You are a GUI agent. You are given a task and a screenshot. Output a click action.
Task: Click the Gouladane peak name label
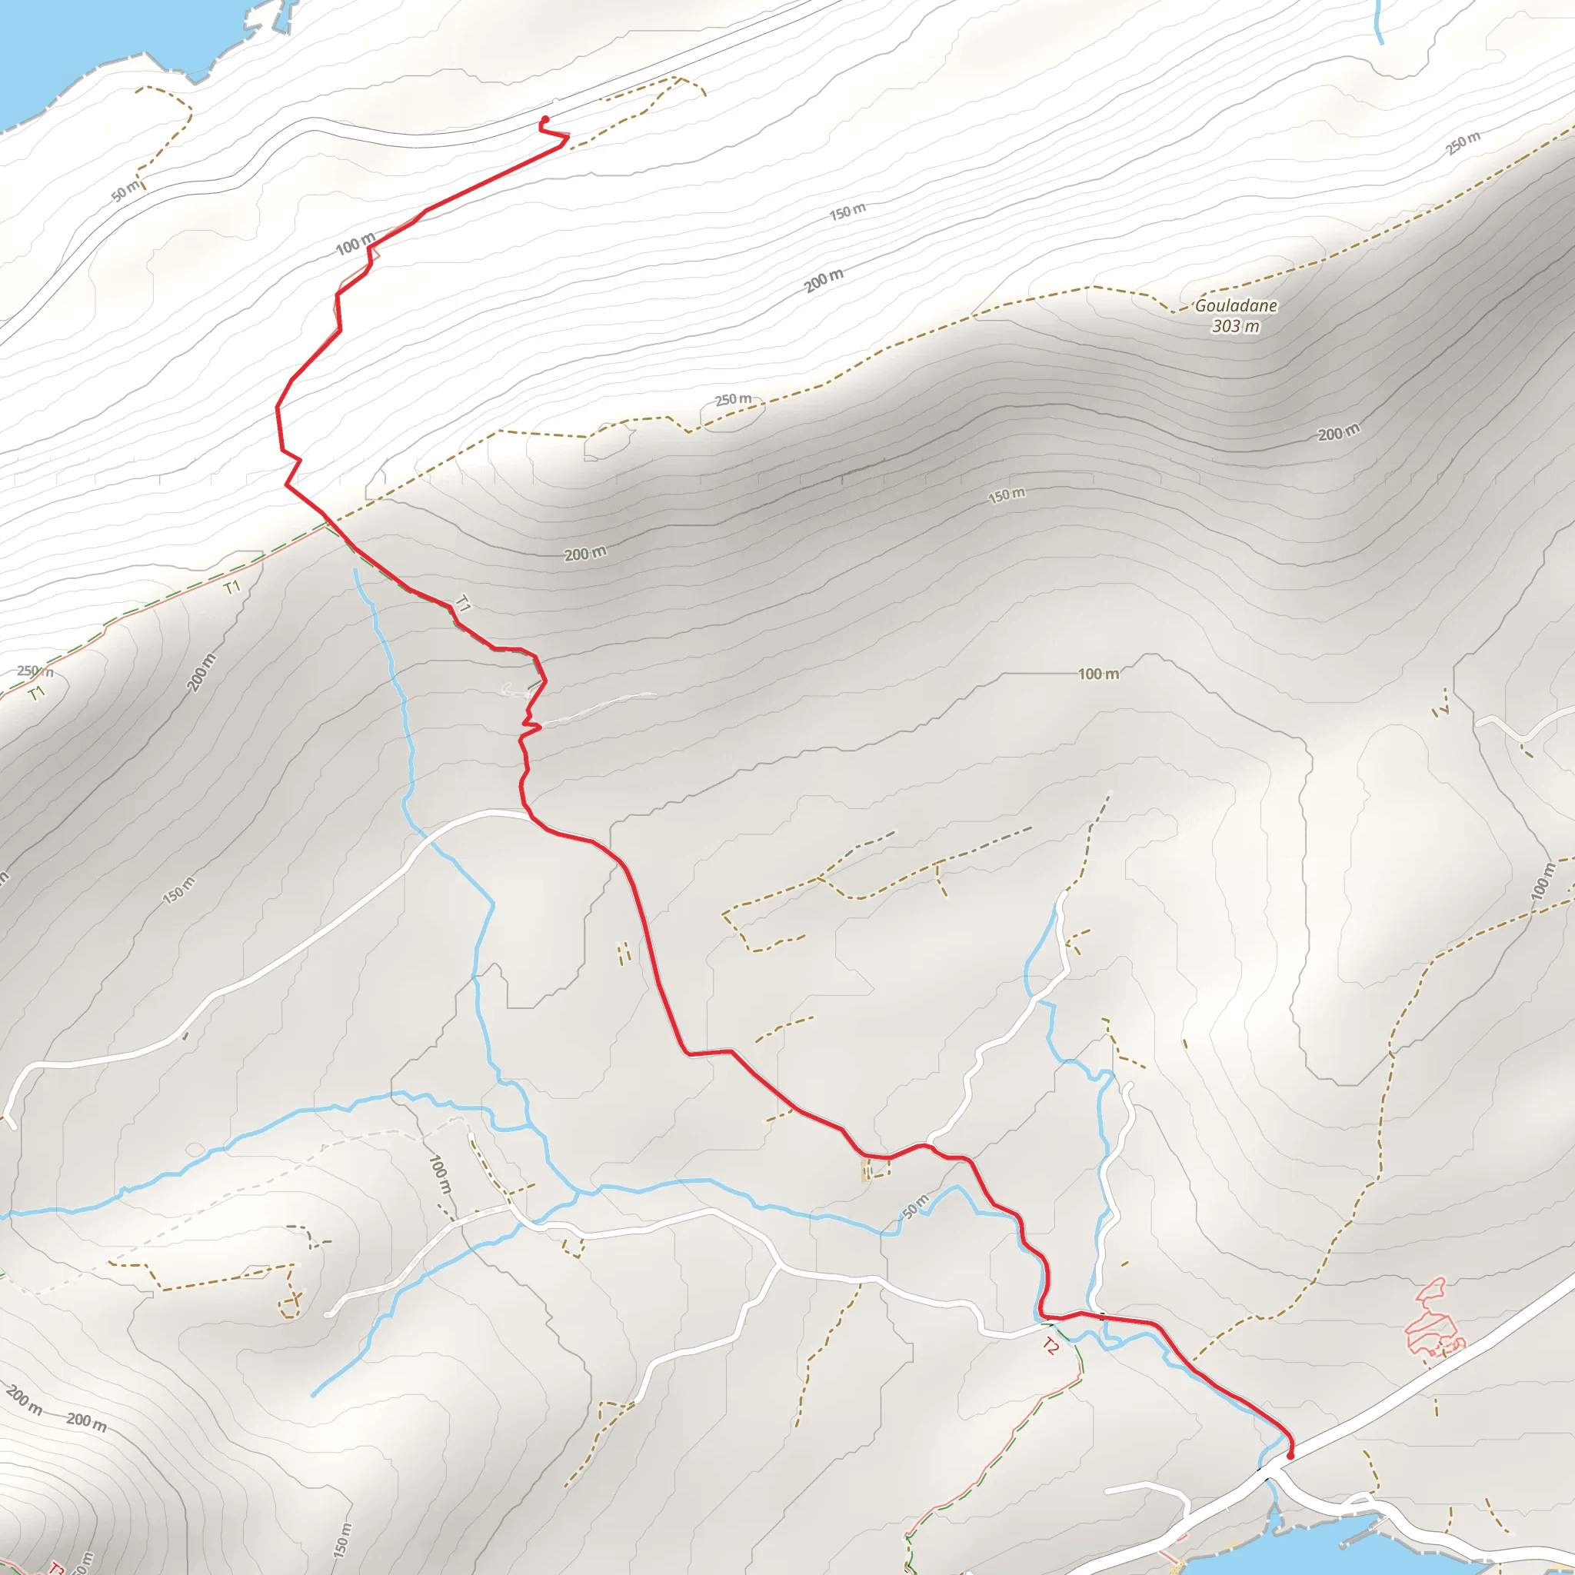coord(1236,306)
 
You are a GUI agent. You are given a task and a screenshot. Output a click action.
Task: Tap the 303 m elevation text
coord(1235,327)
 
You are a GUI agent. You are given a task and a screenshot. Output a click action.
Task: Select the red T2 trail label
coord(1050,1346)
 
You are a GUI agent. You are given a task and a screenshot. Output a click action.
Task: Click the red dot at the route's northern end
coord(544,120)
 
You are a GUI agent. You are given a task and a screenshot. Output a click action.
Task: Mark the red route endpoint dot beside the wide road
coord(1290,1455)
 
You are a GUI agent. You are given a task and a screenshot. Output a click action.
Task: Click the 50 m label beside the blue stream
coord(916,1207)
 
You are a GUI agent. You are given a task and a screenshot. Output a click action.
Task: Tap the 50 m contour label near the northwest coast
coord(125,191)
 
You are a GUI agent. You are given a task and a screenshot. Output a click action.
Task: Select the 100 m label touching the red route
coord(355,243)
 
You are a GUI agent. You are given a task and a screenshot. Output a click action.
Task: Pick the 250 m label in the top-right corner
coord(1463,143)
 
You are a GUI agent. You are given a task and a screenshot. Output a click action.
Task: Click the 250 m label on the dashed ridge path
coord(733,399)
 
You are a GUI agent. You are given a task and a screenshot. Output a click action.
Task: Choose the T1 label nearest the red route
coord(462,604)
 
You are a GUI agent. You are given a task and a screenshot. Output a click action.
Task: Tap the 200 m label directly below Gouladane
coord(1339,433)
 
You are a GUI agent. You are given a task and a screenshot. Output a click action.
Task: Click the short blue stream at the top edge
coord(1377,22)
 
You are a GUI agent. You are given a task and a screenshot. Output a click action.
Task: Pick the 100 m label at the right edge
coord(1540,882)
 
